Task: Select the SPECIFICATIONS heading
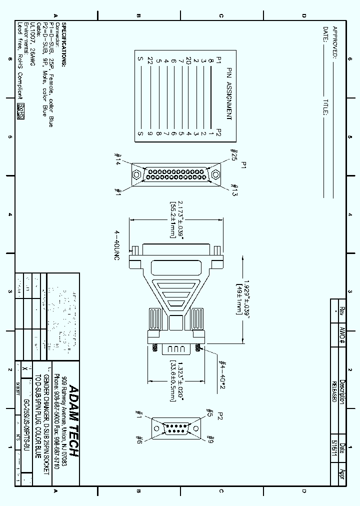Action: (63, 44)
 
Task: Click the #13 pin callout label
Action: (233, 190)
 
